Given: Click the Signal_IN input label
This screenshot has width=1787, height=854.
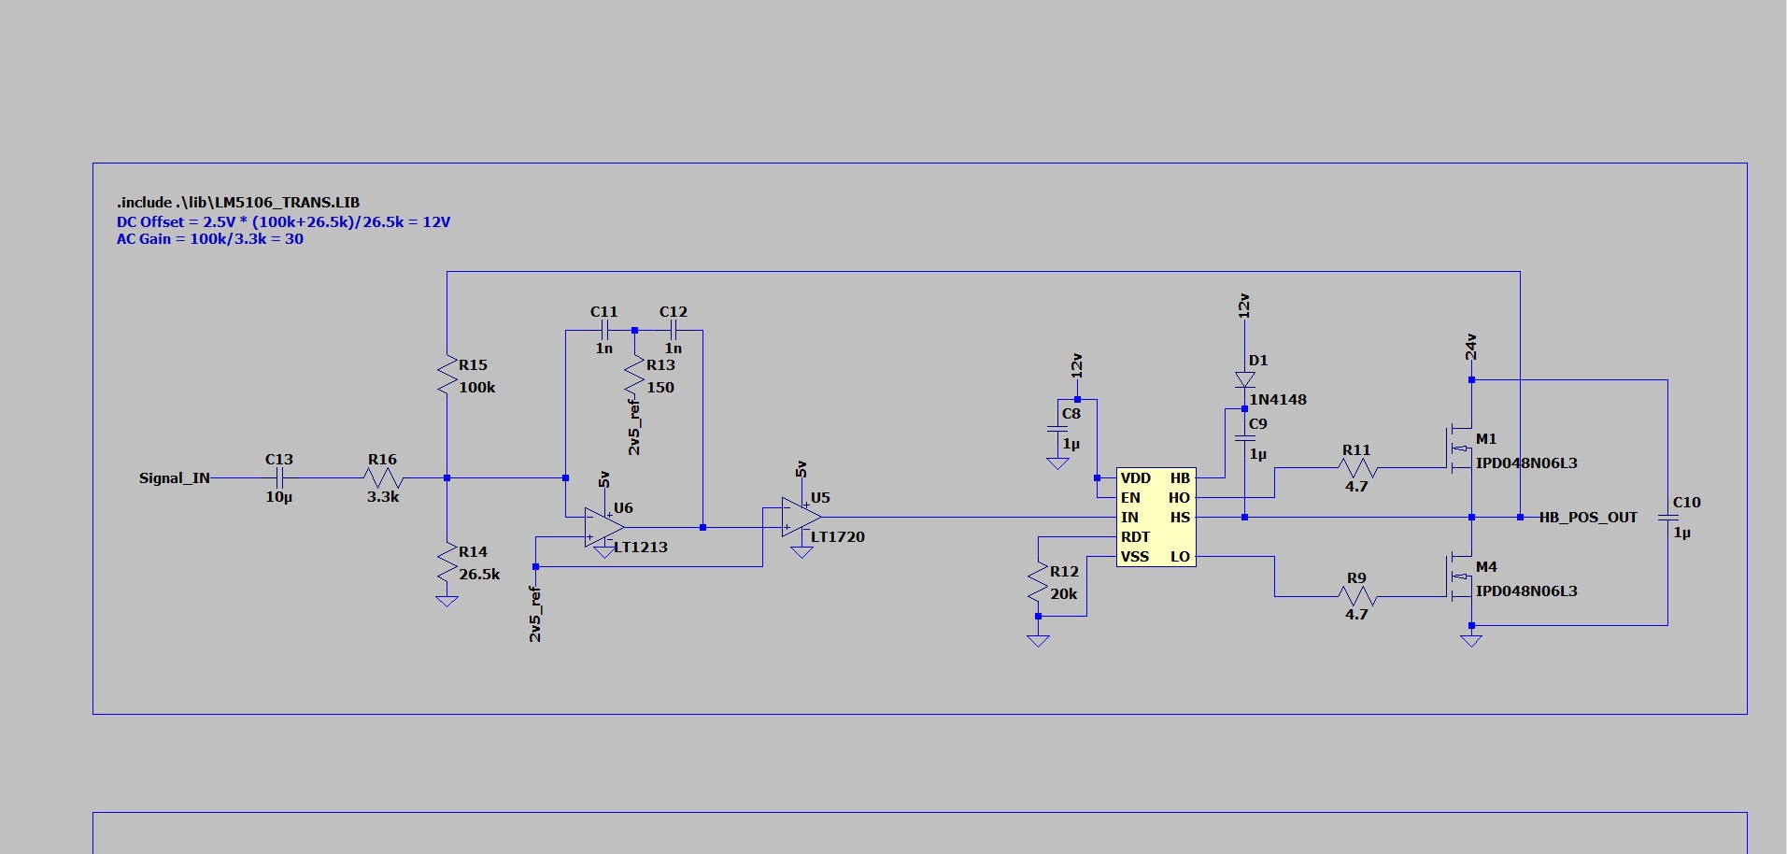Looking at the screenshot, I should click(x=174, y=478).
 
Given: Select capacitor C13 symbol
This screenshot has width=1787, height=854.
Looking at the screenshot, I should click(x=278, y=478).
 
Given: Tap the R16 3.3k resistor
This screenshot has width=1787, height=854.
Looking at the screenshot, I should click(x=383, y=478).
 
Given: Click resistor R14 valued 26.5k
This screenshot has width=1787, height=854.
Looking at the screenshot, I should click(x=447, y=562).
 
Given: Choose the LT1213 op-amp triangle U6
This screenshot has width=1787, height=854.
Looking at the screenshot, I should click(x=603, y=528).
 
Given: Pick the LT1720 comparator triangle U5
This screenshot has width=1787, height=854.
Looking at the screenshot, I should click(x=801, y=517).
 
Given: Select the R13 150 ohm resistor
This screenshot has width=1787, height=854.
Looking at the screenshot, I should click(x=635, y=376).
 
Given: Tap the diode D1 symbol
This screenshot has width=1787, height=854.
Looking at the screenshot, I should click(x=1244, y=379).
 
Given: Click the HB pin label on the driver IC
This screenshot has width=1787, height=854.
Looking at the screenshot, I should click(x=1180, y=478).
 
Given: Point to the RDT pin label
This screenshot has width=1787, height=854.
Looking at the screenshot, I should click(x=1136, y=537).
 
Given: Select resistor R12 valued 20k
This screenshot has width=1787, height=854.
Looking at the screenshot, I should click(x=1038, y=582).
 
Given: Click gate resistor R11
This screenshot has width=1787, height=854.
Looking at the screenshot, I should click(x=1356, y=468).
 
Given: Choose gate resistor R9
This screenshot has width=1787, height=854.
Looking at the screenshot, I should click(x=1356, y=596).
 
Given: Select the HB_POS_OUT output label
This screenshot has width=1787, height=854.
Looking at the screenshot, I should click(x=1588, y=518).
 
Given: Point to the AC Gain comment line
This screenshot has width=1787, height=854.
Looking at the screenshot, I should click(x=210, y=239).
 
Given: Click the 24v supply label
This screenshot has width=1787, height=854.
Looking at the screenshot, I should click(x=1471, y=348).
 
